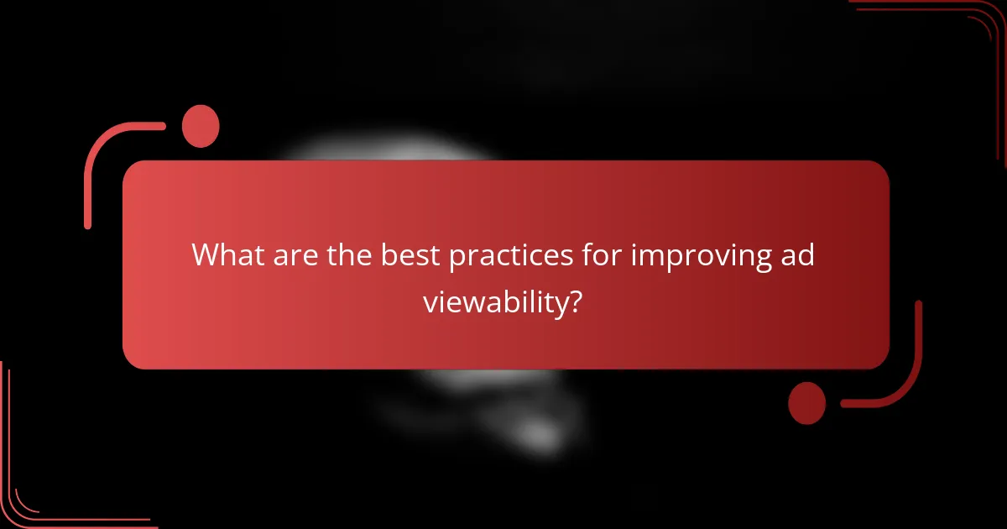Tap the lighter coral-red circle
[x=201, y=126]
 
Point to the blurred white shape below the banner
[x=503, y=411]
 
